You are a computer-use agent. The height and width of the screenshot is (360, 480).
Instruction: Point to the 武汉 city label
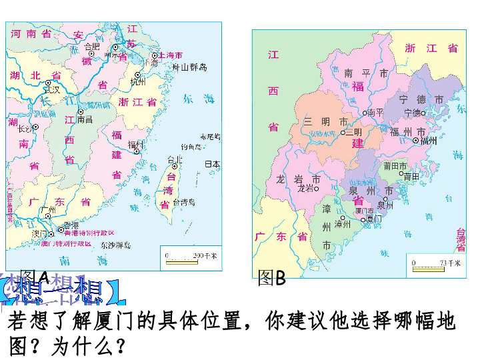pyautogui.click(x=51, y=89)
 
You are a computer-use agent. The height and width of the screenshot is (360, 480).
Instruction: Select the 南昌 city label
pyautogui.click(x=85, y=120)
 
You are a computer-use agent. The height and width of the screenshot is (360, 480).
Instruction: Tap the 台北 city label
pyautogui.click(x=175, y=159)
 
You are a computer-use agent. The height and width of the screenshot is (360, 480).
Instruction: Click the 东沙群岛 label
pyautogui.click(x=115, y=245)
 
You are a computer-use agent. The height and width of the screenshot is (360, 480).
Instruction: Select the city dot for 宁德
pyautogui.click(x=423, y=113)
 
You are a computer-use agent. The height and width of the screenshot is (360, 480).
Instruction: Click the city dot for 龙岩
pyautogui.click(x=316, y=189)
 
